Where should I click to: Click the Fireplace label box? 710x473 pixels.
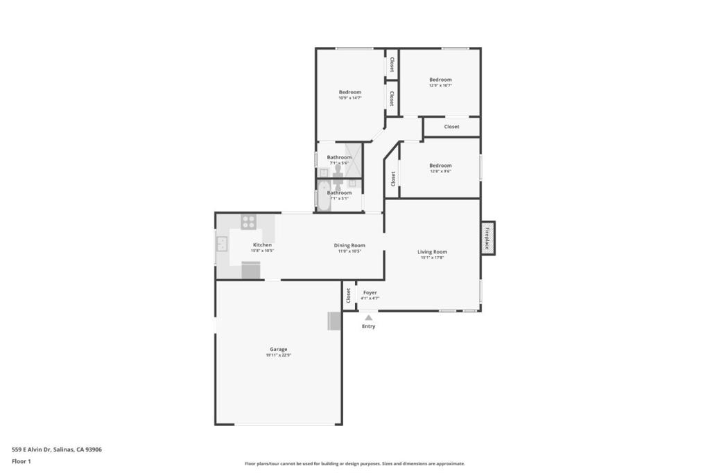[487, 238]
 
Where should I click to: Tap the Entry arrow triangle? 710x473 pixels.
[368, 318]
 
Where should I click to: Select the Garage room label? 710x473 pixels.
[278, 349]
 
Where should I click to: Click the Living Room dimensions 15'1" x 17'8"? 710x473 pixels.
[432, 258]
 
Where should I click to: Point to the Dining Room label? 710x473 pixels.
[349, 245]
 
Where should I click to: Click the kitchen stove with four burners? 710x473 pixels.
[248, 222]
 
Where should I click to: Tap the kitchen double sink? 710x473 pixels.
[222, 244]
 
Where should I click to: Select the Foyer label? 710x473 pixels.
[370, 292]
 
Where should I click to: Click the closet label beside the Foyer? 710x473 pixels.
[348, 296]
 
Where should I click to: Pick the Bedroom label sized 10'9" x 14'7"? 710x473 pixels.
[349, 92]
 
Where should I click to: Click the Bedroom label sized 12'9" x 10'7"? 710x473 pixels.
[440, 80]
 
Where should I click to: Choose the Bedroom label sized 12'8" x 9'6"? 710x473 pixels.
[440, 166]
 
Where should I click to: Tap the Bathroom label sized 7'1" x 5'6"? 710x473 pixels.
[339, 157]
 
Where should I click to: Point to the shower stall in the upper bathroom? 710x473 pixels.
[354, 160]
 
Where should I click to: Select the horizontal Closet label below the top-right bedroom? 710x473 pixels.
[451, 127]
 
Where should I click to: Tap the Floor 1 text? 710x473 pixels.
[21, 461]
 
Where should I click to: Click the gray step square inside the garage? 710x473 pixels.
[334, 321]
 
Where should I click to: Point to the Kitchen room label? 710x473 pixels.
[262, 245]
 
